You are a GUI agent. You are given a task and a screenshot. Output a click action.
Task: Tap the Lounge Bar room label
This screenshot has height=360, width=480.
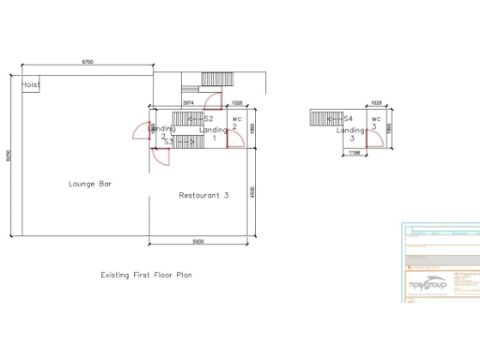[x=91, y=184]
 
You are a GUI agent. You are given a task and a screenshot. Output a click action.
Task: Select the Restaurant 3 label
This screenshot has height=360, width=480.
[x=204, y=195]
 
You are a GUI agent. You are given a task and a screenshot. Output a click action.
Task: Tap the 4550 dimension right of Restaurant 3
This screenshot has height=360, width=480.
[x=252, y=193]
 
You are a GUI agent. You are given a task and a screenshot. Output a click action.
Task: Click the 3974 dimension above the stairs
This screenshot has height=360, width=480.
[x=188, y=101]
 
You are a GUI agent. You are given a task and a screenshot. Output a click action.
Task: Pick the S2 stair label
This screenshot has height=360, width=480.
[x=208, y=119]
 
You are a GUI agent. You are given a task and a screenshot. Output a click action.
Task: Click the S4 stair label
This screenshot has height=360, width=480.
[x=347, y=119]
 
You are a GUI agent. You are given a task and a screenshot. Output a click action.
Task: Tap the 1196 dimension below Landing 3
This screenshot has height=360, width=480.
[x=354, y=152]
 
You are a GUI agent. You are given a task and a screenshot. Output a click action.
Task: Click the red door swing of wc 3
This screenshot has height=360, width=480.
[x=372, y=140]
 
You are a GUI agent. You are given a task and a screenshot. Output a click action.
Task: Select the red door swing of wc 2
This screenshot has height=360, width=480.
[x=233, y=140]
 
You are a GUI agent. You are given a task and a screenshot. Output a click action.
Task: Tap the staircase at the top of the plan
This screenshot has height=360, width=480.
[x=216, y=80]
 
